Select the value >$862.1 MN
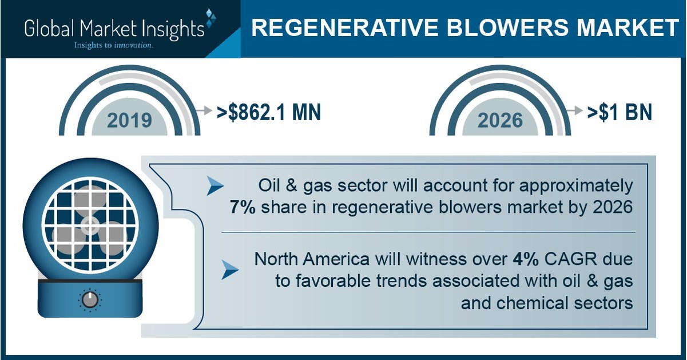point(269,113)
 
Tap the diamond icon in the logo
point(210,18)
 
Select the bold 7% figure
point(241,207)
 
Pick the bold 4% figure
point(524,259)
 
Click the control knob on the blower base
point(90,299)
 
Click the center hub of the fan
point(90,224)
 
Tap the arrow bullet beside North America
point(230,268)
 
